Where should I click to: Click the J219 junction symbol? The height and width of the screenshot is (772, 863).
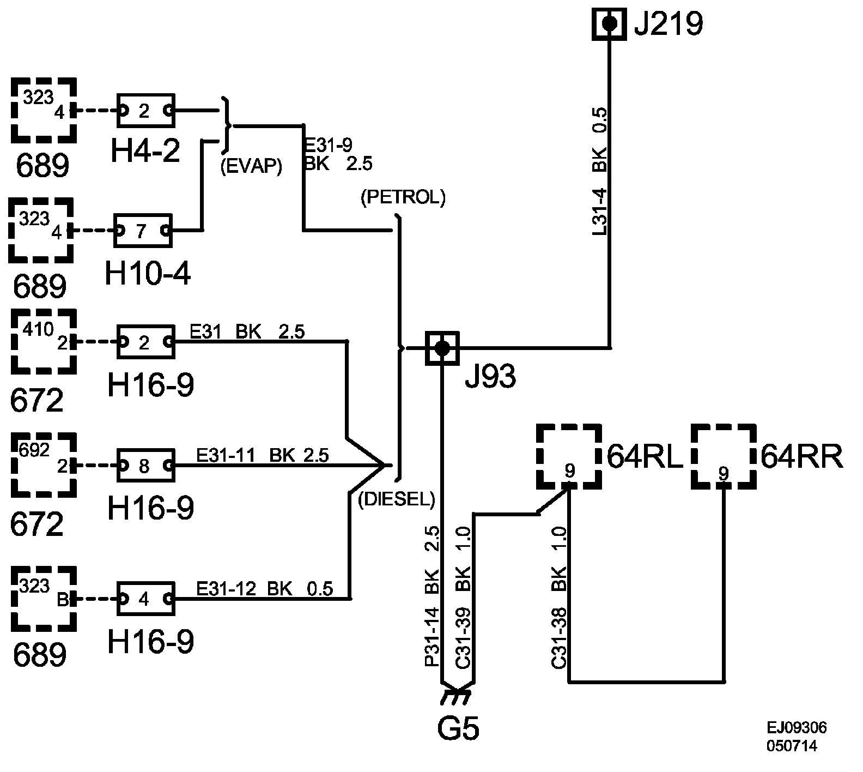tap(609, 24)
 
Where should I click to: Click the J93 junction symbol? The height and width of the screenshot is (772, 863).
tap(442, 347)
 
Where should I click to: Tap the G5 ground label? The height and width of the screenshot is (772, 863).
tap(458, 728)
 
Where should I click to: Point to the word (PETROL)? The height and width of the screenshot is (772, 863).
tap(403, 197)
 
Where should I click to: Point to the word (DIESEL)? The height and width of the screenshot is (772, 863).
tap(397, 499)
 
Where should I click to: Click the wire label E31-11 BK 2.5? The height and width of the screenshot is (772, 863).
tap(263, 455)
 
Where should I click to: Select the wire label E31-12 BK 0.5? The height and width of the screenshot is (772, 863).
tap(265, 589)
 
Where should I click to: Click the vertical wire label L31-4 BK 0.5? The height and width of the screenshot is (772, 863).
tap(599, 172)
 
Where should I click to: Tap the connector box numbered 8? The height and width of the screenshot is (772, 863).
tap(145, 466)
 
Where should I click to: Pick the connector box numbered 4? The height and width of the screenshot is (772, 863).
tap(145, 599)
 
